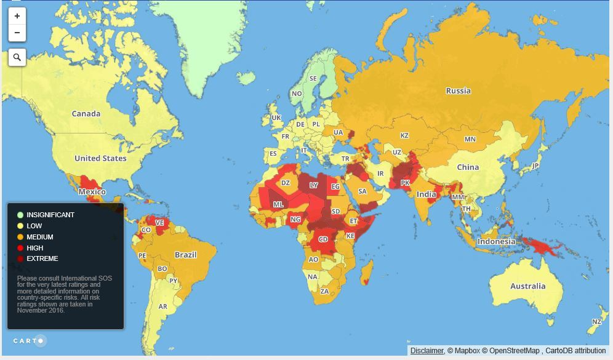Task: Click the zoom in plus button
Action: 17,16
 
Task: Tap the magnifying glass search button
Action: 17,57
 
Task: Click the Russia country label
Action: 458,91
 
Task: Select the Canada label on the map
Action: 86,114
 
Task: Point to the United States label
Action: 100,158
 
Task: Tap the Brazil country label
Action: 185,255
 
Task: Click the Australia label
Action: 527,286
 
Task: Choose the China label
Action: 468,167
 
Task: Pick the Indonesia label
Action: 496,241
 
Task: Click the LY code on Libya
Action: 314,185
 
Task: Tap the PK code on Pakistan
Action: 405,183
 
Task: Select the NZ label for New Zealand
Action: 596,322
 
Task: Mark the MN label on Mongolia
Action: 470,139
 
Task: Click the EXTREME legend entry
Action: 42,259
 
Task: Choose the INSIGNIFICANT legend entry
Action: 50,215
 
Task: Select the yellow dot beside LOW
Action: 20,226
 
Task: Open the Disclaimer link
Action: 427,351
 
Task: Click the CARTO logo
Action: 29,340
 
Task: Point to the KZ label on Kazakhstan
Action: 404,135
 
